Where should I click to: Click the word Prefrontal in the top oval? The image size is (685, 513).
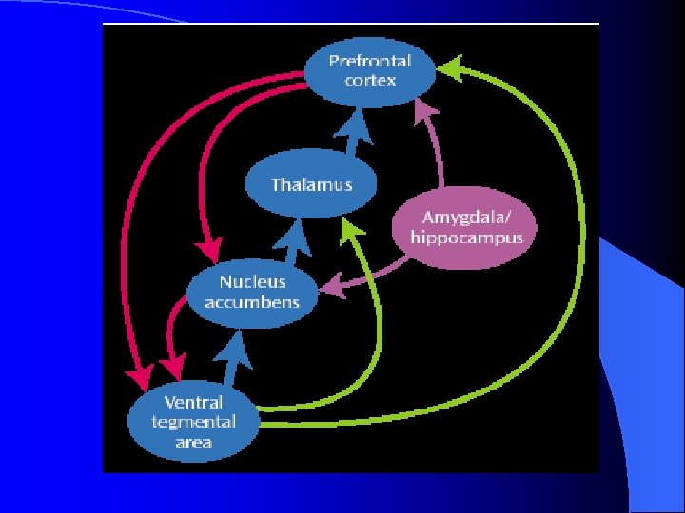(370, 61)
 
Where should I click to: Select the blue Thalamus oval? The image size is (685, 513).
(310, 184)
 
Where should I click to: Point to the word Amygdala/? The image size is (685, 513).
(465, 218)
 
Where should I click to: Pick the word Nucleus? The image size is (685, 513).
(251, 282)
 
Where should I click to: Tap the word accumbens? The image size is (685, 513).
(251, 302)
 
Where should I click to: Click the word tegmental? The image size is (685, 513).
(194, 423)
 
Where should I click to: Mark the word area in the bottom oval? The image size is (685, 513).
(194, 443)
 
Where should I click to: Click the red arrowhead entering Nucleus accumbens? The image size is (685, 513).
(208, 253)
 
